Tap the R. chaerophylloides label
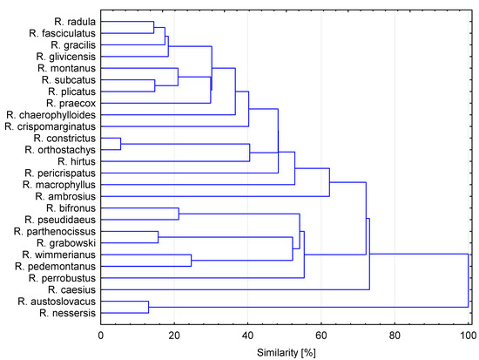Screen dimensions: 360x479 [x=51, y=114]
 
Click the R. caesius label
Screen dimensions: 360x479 [x=72, y=290]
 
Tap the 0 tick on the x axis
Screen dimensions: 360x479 [x=101, y=332]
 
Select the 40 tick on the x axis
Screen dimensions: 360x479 [x=248, y=332]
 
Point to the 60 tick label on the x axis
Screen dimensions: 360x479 [x=321, y=332]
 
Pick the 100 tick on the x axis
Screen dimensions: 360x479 [x=469, y=332]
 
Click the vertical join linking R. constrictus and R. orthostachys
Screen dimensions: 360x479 [x=121, y=144]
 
